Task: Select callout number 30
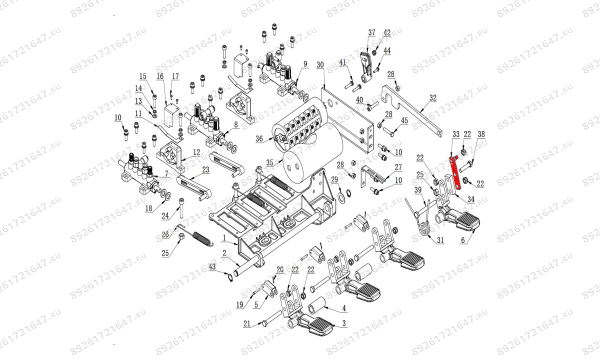[320, 65]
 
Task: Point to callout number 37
[371, 33]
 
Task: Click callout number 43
[212, 269]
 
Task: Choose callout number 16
[160, 76]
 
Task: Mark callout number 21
[246, 324]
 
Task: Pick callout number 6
[463, 240]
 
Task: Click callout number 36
[258, 140]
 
